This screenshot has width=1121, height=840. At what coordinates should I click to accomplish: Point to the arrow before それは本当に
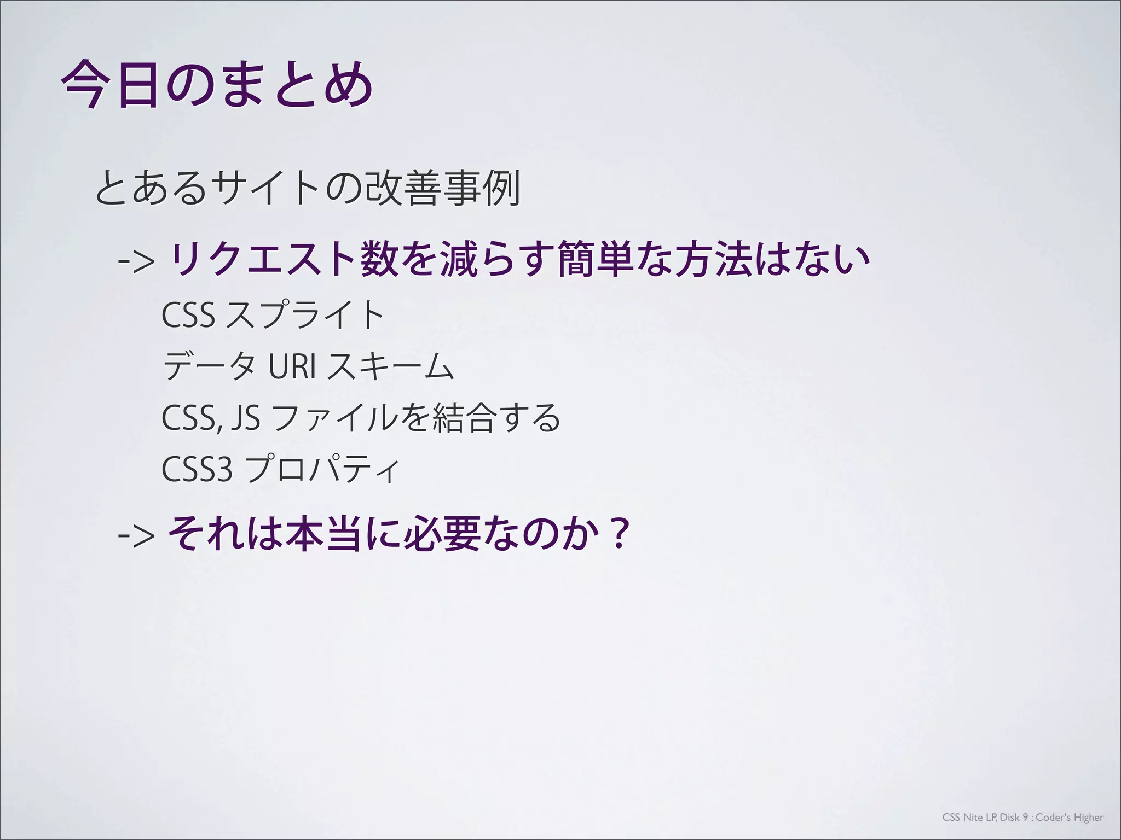136,535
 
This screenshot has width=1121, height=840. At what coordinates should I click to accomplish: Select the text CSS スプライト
273,316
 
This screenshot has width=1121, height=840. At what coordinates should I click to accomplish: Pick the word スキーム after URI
390,367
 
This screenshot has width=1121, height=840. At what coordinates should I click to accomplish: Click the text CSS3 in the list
197,470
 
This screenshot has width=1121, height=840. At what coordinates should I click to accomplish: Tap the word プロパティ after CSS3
323,470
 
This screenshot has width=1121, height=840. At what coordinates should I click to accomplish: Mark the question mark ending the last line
619,535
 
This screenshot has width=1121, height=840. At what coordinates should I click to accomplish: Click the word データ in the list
209,367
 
